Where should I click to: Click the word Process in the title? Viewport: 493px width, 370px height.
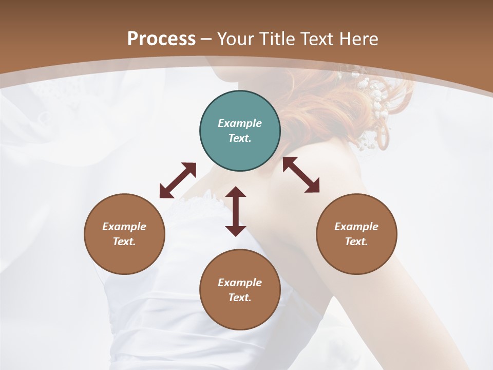pyautogui.click(x=161, y=39)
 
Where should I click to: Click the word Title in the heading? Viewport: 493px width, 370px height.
pyautogui.click(x=277, y=39)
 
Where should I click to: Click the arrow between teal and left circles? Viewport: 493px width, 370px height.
pyautogui.click(x=178, y=180)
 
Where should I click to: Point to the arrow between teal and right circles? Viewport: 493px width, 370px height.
pyautogui.click(x=301, y=175)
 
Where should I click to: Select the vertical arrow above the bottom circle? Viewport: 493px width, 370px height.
pyautogui.click(x=236, y=211)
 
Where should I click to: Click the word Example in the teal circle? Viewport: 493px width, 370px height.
pyautogui.click(x=240, y=123)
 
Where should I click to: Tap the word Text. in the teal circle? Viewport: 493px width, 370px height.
pyautogui.click(x=240, y=138)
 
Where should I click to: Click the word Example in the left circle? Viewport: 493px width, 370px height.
pyautogui.click(x=124, y=227)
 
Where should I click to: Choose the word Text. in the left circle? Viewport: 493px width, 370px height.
pyautogui.click(x=124, y=242)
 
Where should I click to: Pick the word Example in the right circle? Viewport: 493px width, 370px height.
pyautogui.click(x=356, y=227)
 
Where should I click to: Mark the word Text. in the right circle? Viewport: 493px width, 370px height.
pyautogui.click(x=356, y=242)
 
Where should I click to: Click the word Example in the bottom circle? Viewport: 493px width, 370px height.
pyautogui.click(x=240, y=283)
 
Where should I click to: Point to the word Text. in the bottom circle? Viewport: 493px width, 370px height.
pyautogui.click(x=240, y=298)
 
